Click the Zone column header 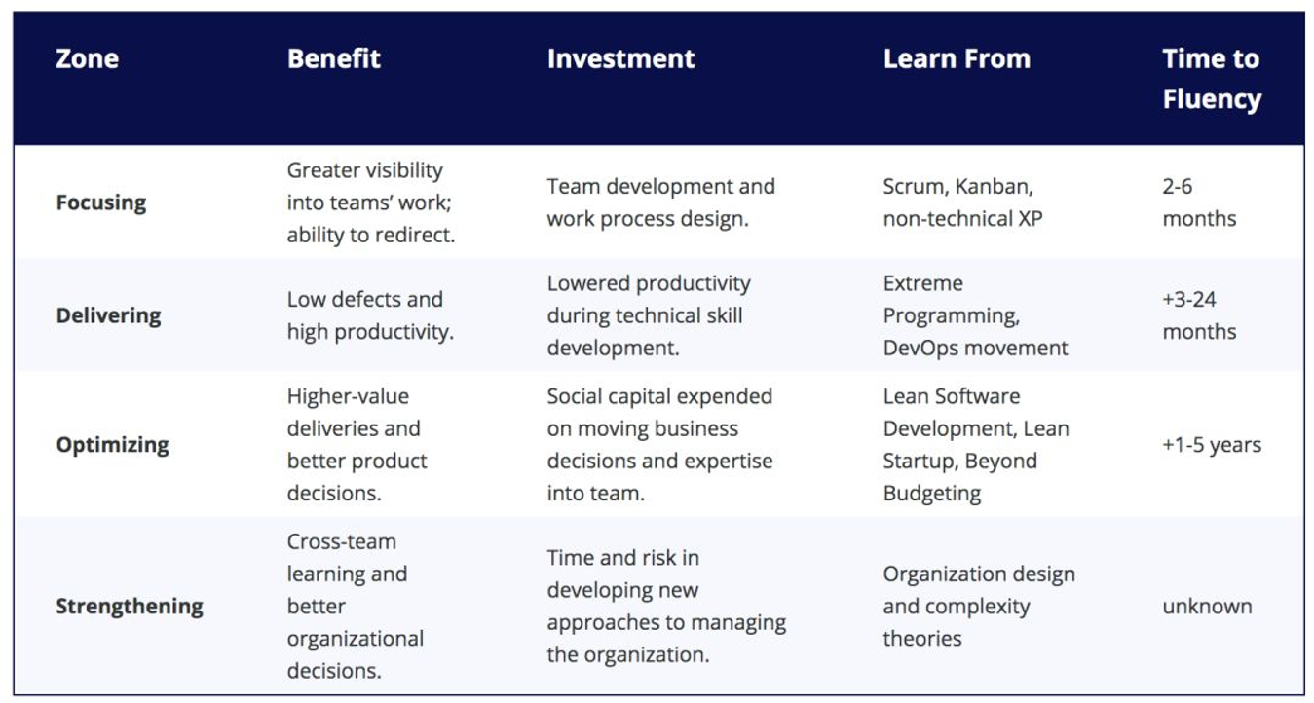pos(87,59)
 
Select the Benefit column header pos(334,59)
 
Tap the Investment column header pos(620,59)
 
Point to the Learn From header pos(957,59)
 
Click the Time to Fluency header pos(1212,79)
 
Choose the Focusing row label pos(101,203)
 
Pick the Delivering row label pos(108,316)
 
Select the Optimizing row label pos(113,445)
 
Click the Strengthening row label pos(130,607)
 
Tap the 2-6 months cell pos(1199,203)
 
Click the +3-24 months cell pos(1199,316)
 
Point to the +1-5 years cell pos(1212,445)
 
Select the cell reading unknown pos(1207,607)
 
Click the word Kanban pos(994,187)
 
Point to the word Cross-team pos(341,541)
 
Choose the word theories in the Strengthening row pos(922,639)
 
